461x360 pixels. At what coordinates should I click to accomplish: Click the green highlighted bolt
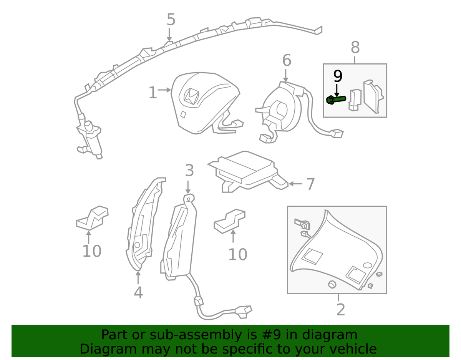[x=336, y=100]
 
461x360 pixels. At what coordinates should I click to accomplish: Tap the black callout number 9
[x=338, y=76]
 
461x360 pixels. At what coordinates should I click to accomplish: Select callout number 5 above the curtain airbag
[x=171, y=20]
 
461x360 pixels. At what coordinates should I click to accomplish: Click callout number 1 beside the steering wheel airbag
[x=153, y=93]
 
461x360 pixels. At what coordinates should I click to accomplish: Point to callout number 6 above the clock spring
[x=287, y=60]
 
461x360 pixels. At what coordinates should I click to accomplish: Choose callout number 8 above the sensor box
[x=355, y=47]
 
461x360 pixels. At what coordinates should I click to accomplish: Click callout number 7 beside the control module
[x=310, y=184]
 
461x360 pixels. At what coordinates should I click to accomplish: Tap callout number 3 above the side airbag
[x=189, y=170]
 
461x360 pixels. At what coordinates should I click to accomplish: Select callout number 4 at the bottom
[x=138, y=292]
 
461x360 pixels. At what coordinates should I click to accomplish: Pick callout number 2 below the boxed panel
[x=340, y=310]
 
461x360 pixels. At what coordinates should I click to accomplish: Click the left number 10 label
[x=92, y=251]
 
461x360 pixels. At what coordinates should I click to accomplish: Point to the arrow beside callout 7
[x=295, y=184]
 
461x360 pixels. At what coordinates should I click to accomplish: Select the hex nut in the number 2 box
[x=332, y=284]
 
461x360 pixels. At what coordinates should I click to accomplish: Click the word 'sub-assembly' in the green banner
[x=196, y=335]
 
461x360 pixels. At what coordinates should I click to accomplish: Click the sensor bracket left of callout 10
[x=92, y=218]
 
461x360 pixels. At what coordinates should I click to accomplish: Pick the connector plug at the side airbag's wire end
[x=244, y=312]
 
